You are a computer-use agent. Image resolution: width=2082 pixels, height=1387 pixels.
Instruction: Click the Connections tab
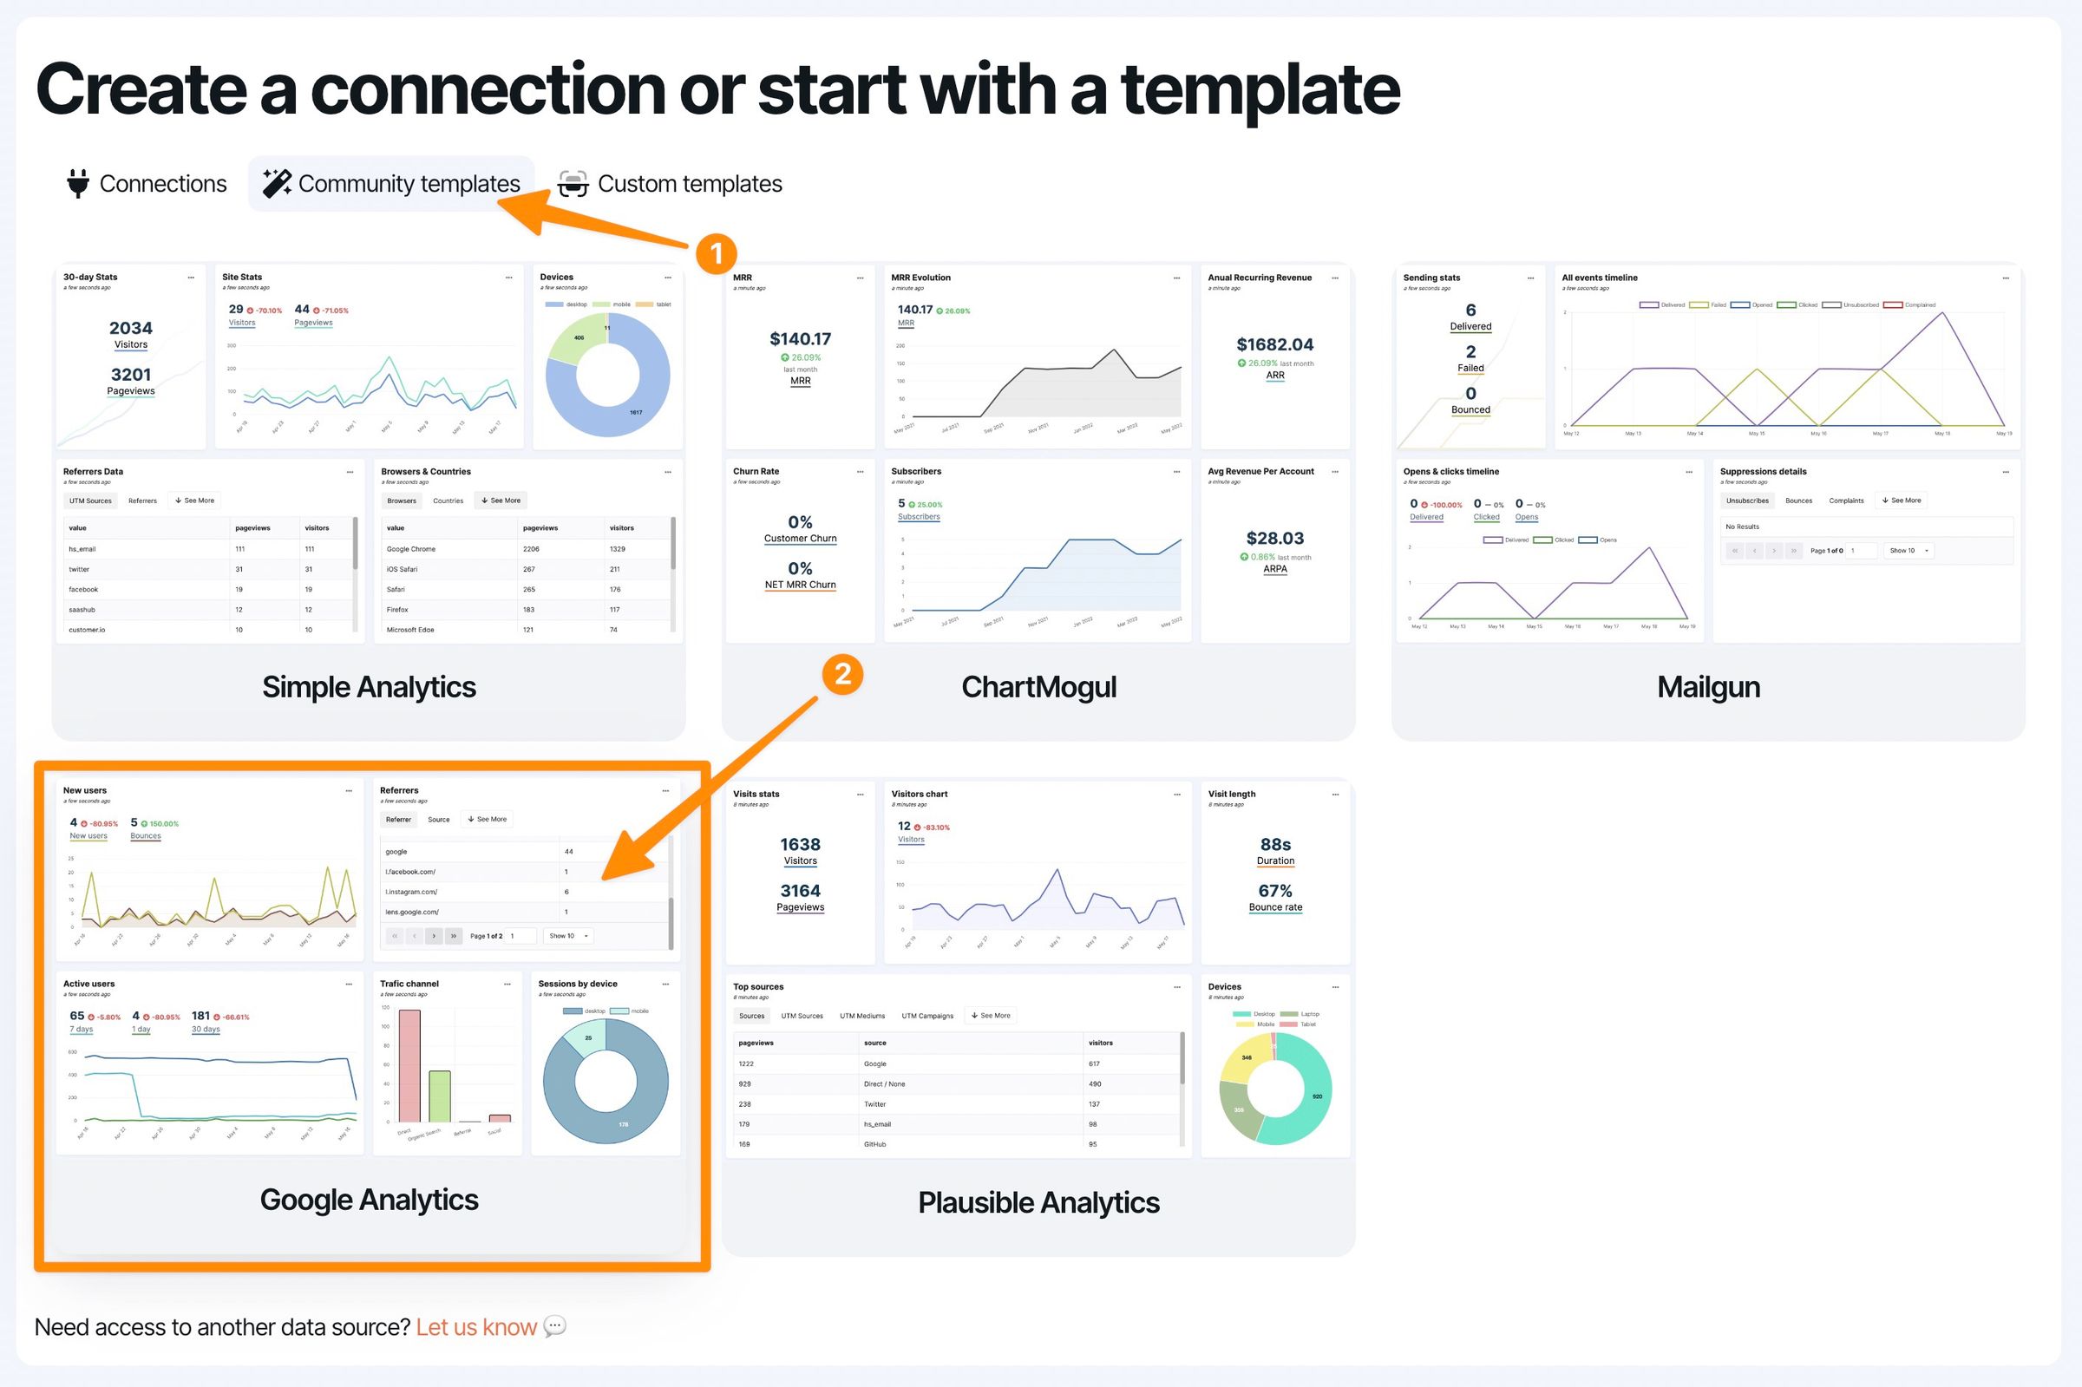pyautogui.click(x=163, y=184)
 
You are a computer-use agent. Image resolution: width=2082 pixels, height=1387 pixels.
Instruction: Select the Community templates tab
pyautogui.click(x=409, y=184)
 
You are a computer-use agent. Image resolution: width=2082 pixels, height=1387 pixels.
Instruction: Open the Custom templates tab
pyautogui.click(x=689, y=184)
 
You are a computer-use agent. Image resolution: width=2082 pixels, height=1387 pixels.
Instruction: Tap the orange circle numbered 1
pyautogui.click(x=716, y=254)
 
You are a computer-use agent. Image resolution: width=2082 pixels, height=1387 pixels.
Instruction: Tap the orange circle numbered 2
pyautogui.click(x=842, y=675)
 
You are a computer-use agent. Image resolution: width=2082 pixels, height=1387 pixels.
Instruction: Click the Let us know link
pyautogui.click(x=476, y=1327)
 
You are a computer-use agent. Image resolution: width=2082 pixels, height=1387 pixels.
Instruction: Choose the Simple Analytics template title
pyautogui.click(x=369, y=687)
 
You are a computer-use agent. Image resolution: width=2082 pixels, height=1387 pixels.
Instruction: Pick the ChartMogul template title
pyautogui.click(x=1038, y=687)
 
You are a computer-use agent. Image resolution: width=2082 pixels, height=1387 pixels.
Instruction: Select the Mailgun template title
pyautogui.click(x=1708, y=687)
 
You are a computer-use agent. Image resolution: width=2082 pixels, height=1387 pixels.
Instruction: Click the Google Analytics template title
pyautogui.click(x=369, y=1200)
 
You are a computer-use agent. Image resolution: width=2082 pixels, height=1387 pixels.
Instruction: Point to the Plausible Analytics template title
pyautogui.click(x=1038, y=1202)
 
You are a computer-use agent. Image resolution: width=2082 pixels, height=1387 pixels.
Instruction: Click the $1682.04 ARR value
pyautogui.click(x=1274, y=345)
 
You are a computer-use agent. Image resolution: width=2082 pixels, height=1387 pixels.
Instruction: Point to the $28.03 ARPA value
pyautogui.click(x=1274, y=539)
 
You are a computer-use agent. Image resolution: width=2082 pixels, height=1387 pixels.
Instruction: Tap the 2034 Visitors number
pyautogui.click(x=131, y=328)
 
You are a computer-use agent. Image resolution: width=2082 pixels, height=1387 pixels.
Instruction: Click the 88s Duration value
pyautogui.click(x=1274, y=845)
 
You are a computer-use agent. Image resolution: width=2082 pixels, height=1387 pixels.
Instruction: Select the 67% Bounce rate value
pyautogui.click(x=1274, y=891)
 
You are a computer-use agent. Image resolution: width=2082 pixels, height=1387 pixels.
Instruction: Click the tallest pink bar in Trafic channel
pyautogui.click(x=409, y=1065)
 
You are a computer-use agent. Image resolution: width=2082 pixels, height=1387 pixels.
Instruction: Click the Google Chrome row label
pyautogui.click(x=411, y=549)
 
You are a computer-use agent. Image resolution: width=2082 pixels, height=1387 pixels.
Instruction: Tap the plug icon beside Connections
pyautogui.click(x=78, y=184)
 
